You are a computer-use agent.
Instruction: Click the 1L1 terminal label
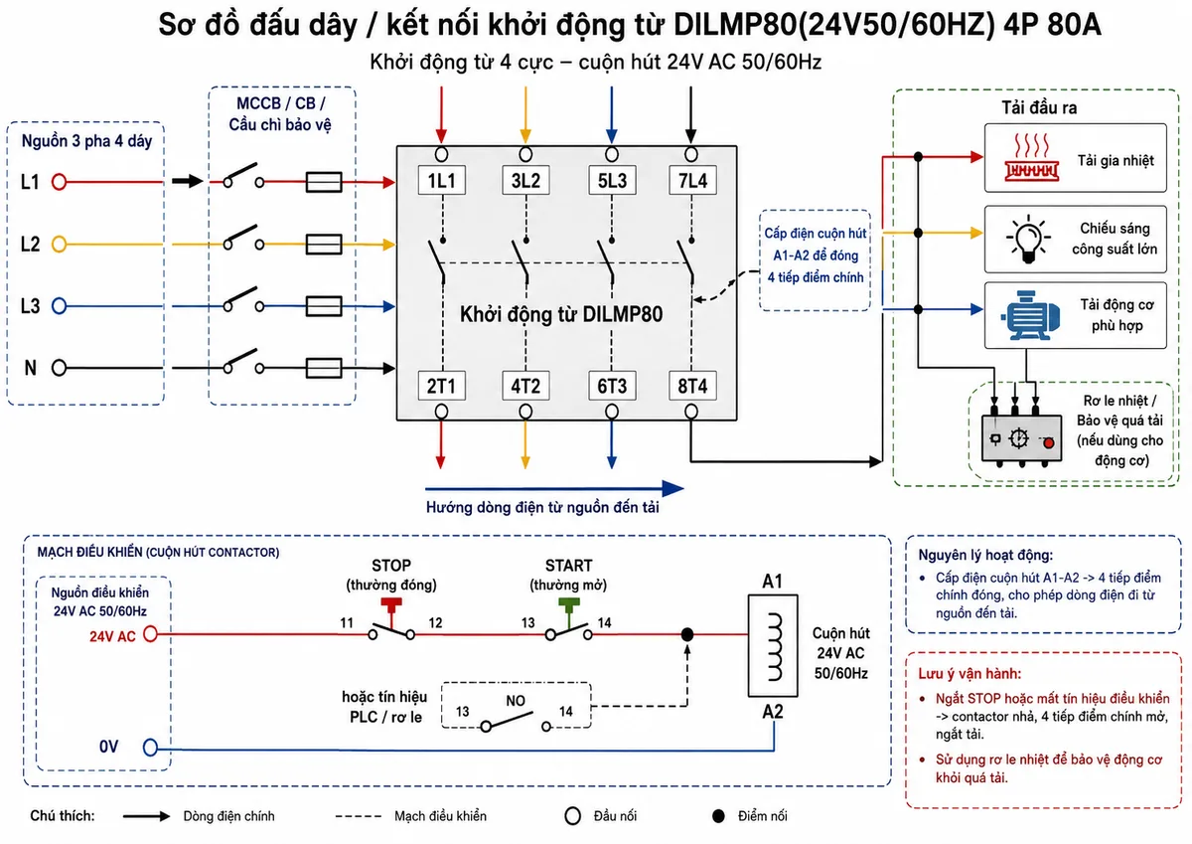tap(442, 181)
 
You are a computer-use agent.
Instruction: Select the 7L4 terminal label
tap(692, 181)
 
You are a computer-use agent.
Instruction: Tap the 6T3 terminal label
tap(612, 386)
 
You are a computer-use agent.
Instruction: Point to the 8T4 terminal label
tap(692, 386)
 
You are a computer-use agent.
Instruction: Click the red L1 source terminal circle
tap(59, 182)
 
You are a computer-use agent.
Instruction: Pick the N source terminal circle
tap(59, 368)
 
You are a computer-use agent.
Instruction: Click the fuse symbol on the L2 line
tap(324, 245)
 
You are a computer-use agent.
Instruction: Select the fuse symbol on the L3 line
tap(324, 306)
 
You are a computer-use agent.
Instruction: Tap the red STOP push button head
tap(391, 603)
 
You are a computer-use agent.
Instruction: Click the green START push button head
tap(569, 603)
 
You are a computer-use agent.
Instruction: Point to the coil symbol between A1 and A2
tap(773, 646)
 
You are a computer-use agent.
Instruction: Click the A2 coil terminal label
tap(773, 712)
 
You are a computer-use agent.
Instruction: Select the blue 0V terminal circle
tap(151, 748)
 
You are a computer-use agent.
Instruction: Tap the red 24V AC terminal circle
tap(151, 634)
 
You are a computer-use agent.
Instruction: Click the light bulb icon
tap(1029, 240)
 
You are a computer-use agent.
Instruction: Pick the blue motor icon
tap(1031, 315)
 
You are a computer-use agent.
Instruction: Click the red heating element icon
tap(1031, 158)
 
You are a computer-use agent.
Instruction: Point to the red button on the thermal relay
tap(1048, 443)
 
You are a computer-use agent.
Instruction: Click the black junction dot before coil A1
tap(687, 634)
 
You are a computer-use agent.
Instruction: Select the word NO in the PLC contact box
tap(516, 701)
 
